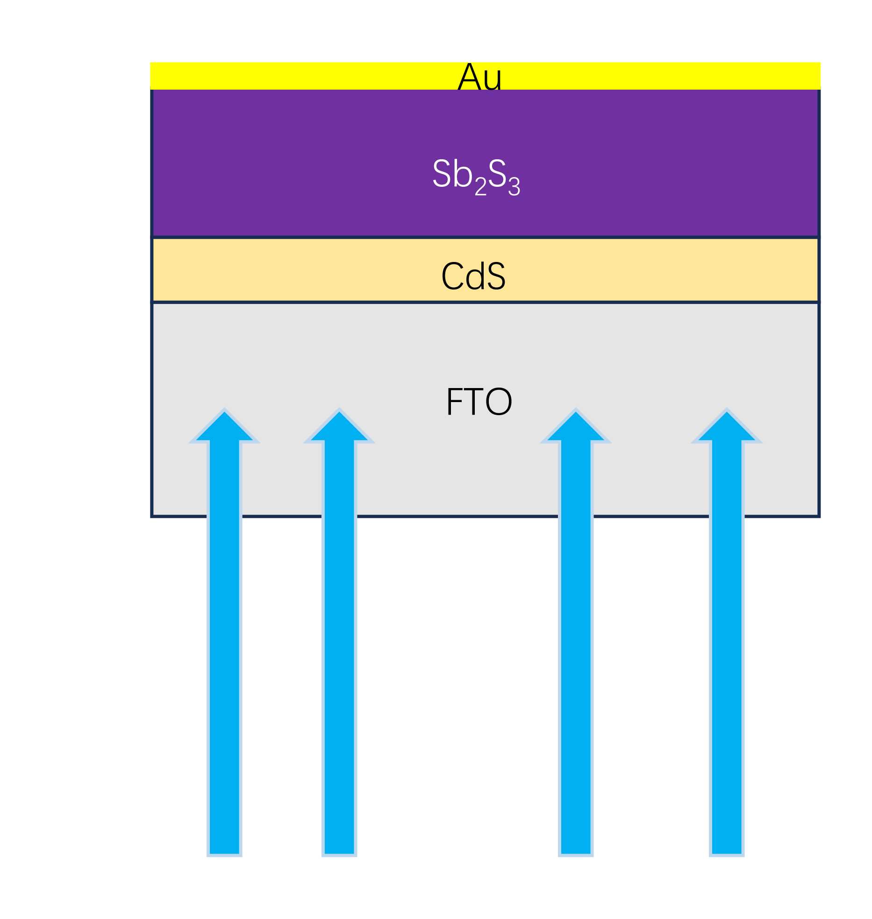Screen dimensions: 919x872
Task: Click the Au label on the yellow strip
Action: pyautogui.click(x=480, y=77)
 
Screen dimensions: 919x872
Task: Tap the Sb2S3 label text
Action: pyautogui.click(x=476, y=176)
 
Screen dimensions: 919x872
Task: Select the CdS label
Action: pyautogui.click(x=473, y=276)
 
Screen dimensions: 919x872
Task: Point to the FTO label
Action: pyautogui.click(x=479, y=402)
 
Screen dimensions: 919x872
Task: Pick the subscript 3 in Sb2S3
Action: pyautogui.click(x=514, y=187)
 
